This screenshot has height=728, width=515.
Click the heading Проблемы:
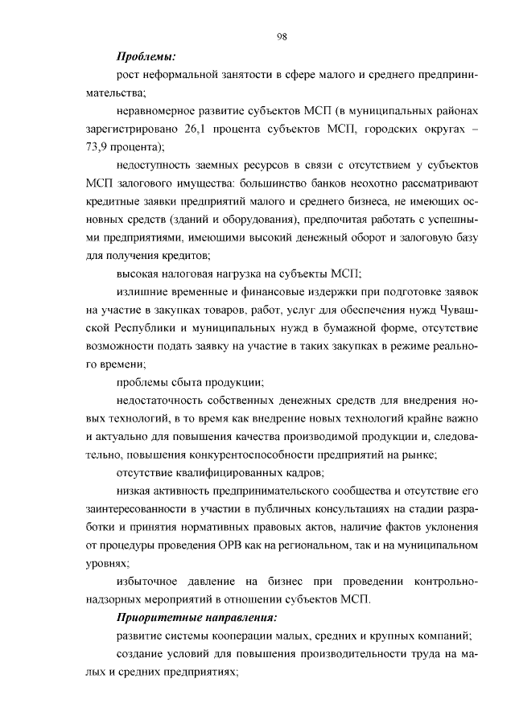pyautogui.click(x=146, y=56)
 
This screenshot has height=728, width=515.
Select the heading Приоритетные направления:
pyautogui.click(x=196, y=618)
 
